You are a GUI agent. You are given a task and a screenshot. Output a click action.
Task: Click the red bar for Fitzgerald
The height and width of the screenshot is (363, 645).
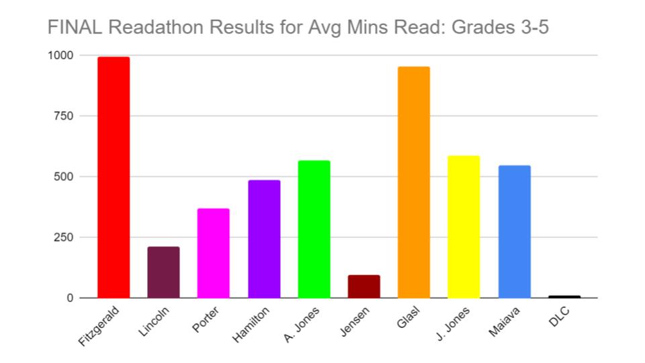pyautogui.click(x=114, y=177)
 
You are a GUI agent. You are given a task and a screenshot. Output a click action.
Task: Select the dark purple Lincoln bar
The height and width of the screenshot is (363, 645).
pyautogui.click(x=163, y=272)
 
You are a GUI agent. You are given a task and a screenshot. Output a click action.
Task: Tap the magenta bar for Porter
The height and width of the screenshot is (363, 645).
pyautogui.click(x=213, y=253)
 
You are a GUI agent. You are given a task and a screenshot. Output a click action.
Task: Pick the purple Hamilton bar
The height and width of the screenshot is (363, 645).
pyautogui.click(x=264, y=239)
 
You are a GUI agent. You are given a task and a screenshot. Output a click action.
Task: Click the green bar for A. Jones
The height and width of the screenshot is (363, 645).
pyautogui.click(x=314, y=229)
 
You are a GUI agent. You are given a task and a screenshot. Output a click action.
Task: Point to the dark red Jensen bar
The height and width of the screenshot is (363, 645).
pyautogui.click(x=363, y=286)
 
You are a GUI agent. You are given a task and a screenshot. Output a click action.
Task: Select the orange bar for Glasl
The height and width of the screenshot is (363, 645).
pyautogui.click(x=414, y=182)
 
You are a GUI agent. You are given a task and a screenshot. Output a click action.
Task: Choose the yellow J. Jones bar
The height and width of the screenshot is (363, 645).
pyautogui.click(x=464, y=227)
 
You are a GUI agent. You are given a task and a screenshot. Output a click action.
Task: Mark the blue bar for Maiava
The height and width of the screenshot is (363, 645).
pyautogui.click(x=514, y=231)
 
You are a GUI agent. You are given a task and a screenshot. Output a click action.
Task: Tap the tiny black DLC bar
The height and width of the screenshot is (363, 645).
pyautogui.click(x=564, y=296)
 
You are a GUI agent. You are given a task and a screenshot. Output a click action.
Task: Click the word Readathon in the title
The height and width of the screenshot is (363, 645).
pyautogui.click(x=142, y=28)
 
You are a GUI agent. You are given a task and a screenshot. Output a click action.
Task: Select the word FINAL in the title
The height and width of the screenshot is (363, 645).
pyautogui.click(x=70, y=28)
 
